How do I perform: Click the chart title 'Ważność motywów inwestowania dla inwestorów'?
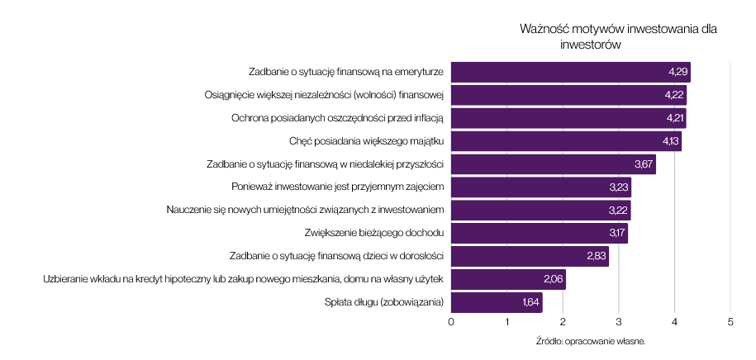618,36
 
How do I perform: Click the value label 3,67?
644,164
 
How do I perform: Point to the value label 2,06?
554,279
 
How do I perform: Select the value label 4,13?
670,141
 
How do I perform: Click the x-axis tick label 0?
451,322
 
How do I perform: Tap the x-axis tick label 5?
730,322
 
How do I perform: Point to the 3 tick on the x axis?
619,322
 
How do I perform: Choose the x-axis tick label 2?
563,322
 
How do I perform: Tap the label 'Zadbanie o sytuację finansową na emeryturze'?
347,72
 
